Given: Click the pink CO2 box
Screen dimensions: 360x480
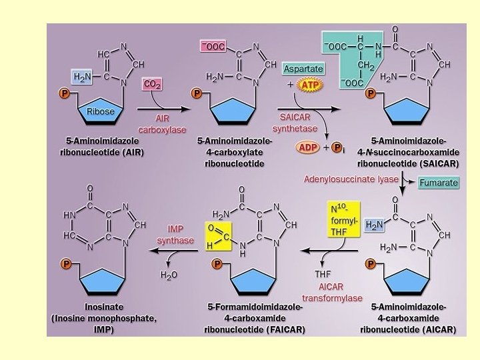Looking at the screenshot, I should click(152, 85).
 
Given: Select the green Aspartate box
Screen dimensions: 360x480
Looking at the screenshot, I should click(303, 69).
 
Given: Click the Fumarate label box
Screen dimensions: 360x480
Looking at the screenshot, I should click(439, 183).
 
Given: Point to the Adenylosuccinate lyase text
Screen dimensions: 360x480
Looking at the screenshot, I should click(351, 179).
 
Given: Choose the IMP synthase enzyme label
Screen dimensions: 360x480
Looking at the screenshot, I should click(175, 235).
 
